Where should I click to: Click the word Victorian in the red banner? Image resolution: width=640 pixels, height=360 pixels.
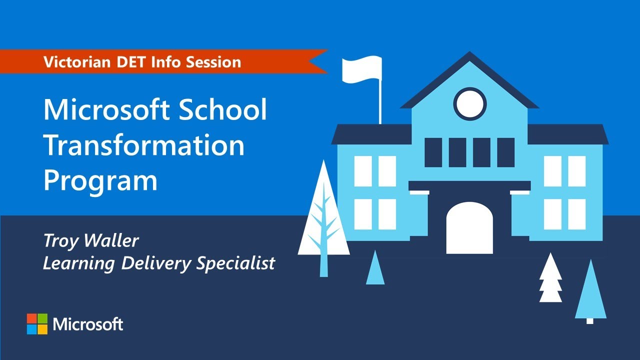[x=73, y=62]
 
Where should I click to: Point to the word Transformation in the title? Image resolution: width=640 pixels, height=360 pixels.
[x=144, y=145]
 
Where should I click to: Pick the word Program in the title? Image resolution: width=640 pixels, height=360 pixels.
[x=100, y=181]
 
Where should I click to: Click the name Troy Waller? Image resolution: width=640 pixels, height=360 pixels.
[x=91, y=241]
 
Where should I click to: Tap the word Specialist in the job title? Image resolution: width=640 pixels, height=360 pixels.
[x=235, y=263]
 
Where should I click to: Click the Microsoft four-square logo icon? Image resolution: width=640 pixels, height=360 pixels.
[x=37, y=324]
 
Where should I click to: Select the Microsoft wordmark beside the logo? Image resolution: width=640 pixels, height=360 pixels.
[x=88, y=324]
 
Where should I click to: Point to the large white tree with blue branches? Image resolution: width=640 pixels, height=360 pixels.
[x=323, y=220]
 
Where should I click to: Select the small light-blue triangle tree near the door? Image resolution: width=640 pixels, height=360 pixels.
[x=375, y=268]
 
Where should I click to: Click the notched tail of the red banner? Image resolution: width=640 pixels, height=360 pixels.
[x=318, y=61]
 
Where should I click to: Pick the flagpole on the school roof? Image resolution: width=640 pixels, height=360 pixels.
[x=380, y=102]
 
